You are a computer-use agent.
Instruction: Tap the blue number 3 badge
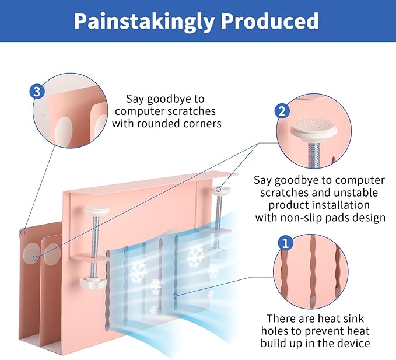(37, 92)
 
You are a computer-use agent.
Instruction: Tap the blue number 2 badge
(282, 111)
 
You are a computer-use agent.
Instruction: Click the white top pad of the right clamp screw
(220, 188)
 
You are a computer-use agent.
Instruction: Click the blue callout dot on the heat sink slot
(174, 296)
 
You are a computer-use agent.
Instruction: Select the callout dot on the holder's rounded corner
(22, 232)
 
